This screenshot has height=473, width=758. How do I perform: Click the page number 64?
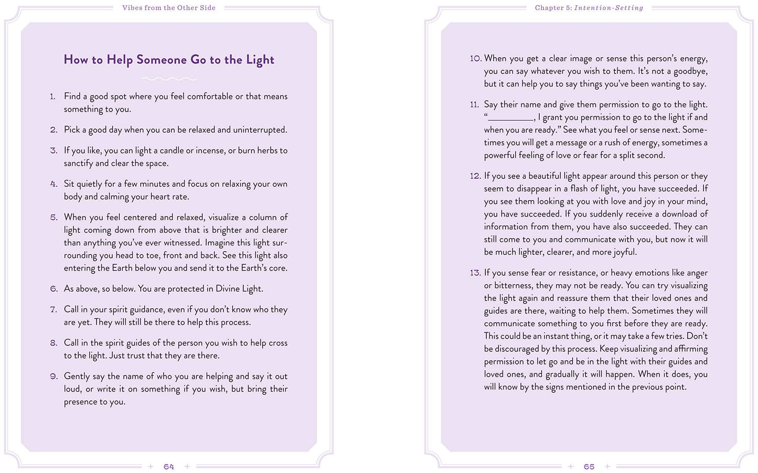click(168, 466)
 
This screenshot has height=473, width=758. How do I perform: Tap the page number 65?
click(589, 466)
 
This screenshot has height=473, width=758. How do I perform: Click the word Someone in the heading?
click(161, 60)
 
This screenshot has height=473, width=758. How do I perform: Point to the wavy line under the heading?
click(168, 79)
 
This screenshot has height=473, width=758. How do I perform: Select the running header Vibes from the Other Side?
click(169, 8)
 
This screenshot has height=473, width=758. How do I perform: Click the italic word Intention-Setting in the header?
click(608, 8)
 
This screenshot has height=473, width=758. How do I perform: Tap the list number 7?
click(54, 309)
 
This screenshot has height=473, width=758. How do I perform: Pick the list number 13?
click(475, 273)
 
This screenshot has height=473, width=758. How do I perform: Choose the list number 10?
click(475, 58)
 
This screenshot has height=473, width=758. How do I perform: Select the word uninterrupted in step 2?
click(260, 130)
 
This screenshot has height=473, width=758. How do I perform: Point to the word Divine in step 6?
click(229, 289)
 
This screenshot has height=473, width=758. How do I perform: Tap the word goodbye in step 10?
click(690, 71)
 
